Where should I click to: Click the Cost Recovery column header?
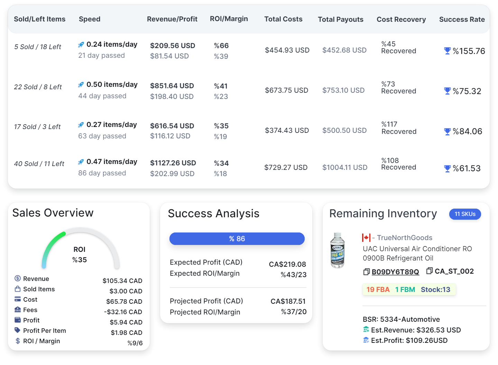coord(401,19)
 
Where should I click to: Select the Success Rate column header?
coord(462,19)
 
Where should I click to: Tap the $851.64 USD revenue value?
coord(172,86)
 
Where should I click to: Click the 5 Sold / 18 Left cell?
coord(38,47)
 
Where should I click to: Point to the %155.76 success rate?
coord(469,51)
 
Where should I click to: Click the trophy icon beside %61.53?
coord(447,168)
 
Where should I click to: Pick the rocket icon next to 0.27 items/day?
coord(81,125)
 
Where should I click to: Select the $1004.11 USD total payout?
coord(345,167)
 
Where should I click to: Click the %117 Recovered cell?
coord(398,128)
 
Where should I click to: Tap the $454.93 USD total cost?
coord(287,50)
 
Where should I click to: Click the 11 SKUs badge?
coord(465,214)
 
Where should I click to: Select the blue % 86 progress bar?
coord(237,239)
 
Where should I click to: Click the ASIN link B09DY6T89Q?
coord(395,272)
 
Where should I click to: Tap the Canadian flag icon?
coord(366,238)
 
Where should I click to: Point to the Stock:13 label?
coord(435,290)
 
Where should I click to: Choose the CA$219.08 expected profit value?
coord(287,264)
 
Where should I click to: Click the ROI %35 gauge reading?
coord(80,255)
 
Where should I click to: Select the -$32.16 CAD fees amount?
coord(123,312)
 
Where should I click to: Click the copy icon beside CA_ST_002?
coord(430,271)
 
